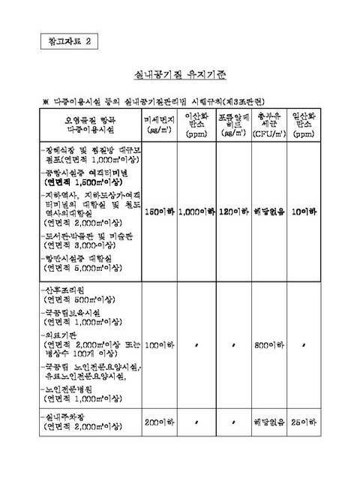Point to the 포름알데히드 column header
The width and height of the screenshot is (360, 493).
point(233,123)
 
